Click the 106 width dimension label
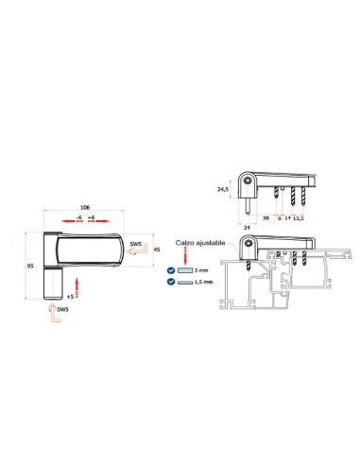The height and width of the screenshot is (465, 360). pyautogui.click(x=85, y=207)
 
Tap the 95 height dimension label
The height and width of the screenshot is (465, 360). pyautogui.click(x=30, y=267)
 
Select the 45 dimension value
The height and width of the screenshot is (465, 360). pyautogui.click(x=157, y=250)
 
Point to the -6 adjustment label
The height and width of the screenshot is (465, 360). pyautogui.click(x=79, y=217)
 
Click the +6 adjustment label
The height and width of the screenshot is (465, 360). pyautogui.click(x=91, y=217)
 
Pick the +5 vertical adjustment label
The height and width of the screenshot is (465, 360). pyautogui.click(x=70, y=297)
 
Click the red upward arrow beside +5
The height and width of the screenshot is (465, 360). pyautogui.click(x=77, y=288)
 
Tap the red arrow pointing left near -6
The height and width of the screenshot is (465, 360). pyautogui.click(x=73, y=221)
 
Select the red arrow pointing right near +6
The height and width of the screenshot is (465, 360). pyautogui.click(x=98, y=221)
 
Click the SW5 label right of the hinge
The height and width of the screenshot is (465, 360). pyautogui.click(x=136, y=244)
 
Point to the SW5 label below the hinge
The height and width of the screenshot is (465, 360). pyautogui.click(x=62, y=309)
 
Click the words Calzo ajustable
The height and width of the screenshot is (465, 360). pyautogui.click(x=200, y=243)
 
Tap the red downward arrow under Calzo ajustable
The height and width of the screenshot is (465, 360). pyautogui.click(x=185, y=256)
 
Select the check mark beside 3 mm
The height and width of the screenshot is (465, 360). pyautogui.click(x=171, y=270)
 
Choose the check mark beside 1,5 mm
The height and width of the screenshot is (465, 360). pyautogui.click(x=171, y=282)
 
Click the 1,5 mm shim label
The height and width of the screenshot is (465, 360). pyautogui.click(x=203, y=282)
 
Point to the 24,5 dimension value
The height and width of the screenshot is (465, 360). pyautogui.click(x=223, y=189)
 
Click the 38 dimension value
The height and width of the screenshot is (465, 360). pyautogui.click(x=266, y=217)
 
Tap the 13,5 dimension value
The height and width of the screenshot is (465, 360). pyautogui.click(x=299, y=218)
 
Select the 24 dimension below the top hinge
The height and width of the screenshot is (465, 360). pyautogui.click(x=247, y=228)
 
